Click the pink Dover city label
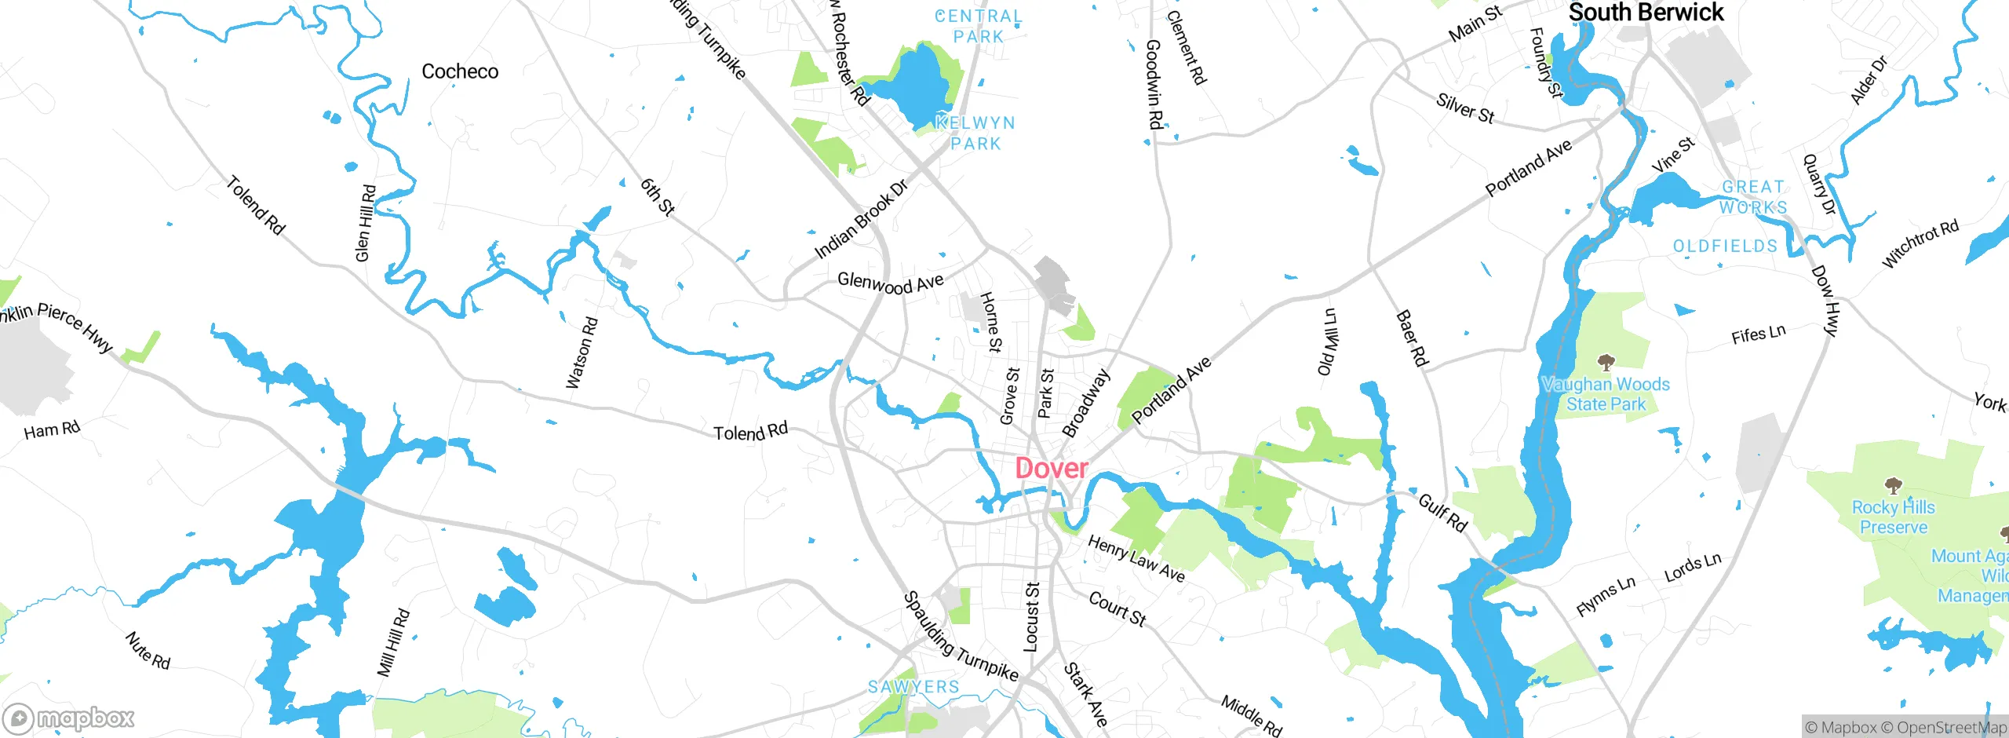1052,469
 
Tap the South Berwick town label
1646,13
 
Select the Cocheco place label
460,71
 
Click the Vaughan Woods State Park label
1606,394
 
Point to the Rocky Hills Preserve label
1893,517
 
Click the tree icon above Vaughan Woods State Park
1606,362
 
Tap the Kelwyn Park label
975,133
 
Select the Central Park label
979,26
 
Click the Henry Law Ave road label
1136,558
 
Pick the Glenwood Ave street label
890,283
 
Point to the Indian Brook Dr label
861,219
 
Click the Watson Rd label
582,353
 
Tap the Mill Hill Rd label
393,642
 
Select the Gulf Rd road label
1442,513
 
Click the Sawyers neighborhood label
913,687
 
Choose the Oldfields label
1725,247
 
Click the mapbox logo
69,718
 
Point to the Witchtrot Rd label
1920,244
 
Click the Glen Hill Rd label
366,223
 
